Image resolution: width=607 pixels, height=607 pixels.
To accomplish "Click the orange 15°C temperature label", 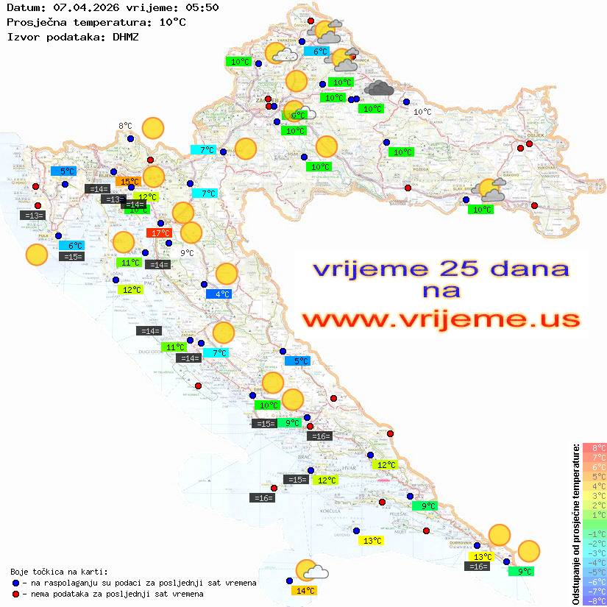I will pyautogui.click(x=129, y=181).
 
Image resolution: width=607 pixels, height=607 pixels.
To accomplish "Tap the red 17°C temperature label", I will pyautogui.click(x=160, y=233).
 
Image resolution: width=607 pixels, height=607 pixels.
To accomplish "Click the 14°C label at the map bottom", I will pyautogui.click(x=305, y=590).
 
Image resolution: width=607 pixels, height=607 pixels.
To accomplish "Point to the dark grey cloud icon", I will pyautogui.click(x=379, y=88).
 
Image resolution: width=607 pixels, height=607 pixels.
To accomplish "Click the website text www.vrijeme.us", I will pyautogui.click(x=441, y=319).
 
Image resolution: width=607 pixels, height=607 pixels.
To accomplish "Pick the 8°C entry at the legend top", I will pyautogui.click(x=594, y=447).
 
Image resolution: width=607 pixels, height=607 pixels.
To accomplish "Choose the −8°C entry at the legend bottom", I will pyautogui.click(x=594, y=600).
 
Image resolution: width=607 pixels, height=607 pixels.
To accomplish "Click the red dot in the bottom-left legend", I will pyautogui.click(x=16, y=594).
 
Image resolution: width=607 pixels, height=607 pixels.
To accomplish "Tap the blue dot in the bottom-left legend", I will pyautogui.click(x=16, y=583).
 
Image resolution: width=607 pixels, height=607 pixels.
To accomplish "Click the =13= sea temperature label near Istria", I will pyautogui.click(x=34, y=216).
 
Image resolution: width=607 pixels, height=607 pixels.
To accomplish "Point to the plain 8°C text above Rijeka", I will pyautogui.click(x=125, y=126).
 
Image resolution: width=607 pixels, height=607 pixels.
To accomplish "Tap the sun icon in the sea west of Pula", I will pyautogui.click(x=36, y=255).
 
